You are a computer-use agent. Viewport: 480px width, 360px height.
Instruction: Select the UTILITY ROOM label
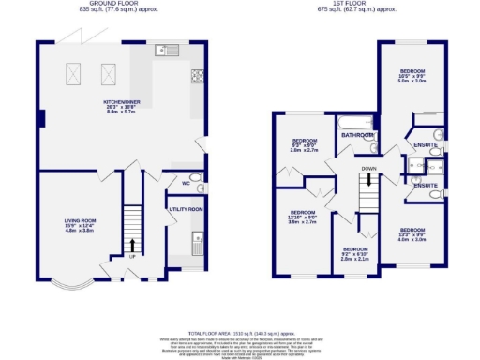coord(186,210)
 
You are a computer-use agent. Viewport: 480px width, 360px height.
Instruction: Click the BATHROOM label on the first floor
coord(356,136)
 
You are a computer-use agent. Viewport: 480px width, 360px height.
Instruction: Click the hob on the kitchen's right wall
coord(199,76)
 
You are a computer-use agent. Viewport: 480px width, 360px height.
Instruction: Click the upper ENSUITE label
coord(426,143)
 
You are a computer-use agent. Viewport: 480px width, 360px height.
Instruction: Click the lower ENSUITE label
coord(426,185)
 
